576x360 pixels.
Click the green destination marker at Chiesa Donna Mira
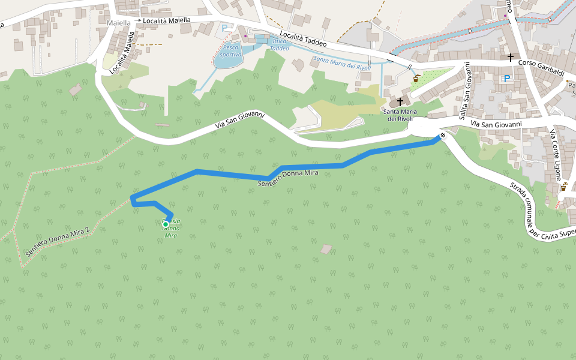tap(166, 224)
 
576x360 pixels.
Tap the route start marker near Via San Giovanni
tap(442, 136)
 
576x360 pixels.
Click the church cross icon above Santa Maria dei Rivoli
tap(400, 101)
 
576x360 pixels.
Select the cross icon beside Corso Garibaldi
tap(510, 57)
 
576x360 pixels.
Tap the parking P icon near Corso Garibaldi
tap(507, 79)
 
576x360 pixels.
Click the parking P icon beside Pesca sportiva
tap(224, 28)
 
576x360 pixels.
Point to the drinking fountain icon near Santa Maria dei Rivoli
tap(416, 79)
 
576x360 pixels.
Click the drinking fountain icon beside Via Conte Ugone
tap(563, 187)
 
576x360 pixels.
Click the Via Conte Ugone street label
tap(555, 156)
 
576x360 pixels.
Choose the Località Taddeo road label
tap(302, 40)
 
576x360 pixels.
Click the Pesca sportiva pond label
tap(230, 50)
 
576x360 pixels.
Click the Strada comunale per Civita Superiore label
tap(543, 210)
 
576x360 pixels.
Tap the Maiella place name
tap(118, 23)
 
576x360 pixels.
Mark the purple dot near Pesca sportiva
tap(245, 35)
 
